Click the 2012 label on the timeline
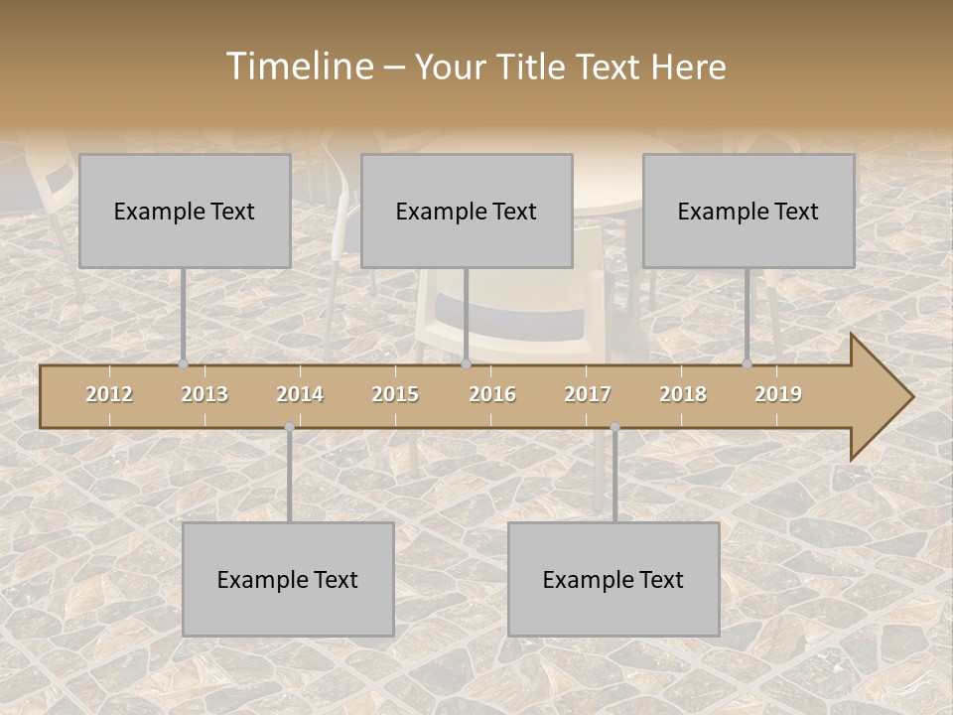tap(109, 394)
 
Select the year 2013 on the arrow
tap(204, 394)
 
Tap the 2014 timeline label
tap(300, 394)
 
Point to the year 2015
tap(395, 394)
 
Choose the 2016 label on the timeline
tap(492, 394)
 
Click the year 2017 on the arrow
tap(588, 394)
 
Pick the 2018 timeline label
tap(683, 394)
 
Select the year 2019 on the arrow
tap(778, 394)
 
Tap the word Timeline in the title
tap(298, 67)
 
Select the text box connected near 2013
tap(185, 211)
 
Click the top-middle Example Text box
tap(467, 211)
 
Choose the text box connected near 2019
tap(749, 211)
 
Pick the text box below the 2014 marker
tap(288, 579)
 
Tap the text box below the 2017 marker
tap(613, 579)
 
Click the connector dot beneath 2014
tap(289, 427)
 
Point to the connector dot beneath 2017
tap(614, 427)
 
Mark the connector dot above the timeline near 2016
tap(466, 364)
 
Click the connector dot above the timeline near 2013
tap(183, 364)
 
